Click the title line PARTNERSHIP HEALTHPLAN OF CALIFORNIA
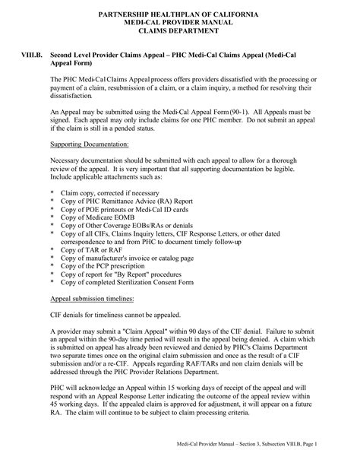tap(180, 15)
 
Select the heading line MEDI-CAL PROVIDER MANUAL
tap(180, 24)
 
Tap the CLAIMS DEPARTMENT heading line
tap(180, 33)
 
